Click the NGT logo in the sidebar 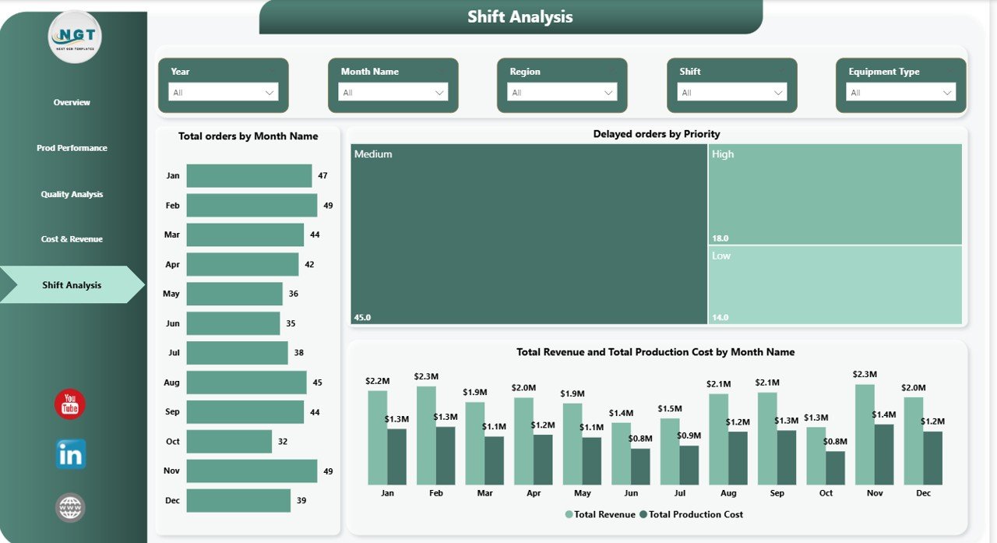click(x=74, y=37)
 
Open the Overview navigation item click(x=72, y=103)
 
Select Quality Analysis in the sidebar click(x=72, y=194)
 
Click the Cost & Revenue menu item click(x=72, y=239)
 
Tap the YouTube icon click(x=70, y=404)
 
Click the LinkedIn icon click(x=71, y=454)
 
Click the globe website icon click(x=70, y=507)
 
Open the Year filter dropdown click(x=224, y=93)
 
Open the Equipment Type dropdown click(x=900, y=93)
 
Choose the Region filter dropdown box click(x=562, y=93)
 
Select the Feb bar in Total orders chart click(x=252, y=206)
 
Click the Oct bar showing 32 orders click(x=229, y=442)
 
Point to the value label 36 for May click(x=294, y=294)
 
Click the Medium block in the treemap click(x=528, y=234)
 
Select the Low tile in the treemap click(x=835, y=285)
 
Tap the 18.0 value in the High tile click(x=720, y=238)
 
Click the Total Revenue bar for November click(x=864, y=435)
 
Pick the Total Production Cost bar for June click(x=640, y=466)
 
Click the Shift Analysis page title click(x=520, y=17)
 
